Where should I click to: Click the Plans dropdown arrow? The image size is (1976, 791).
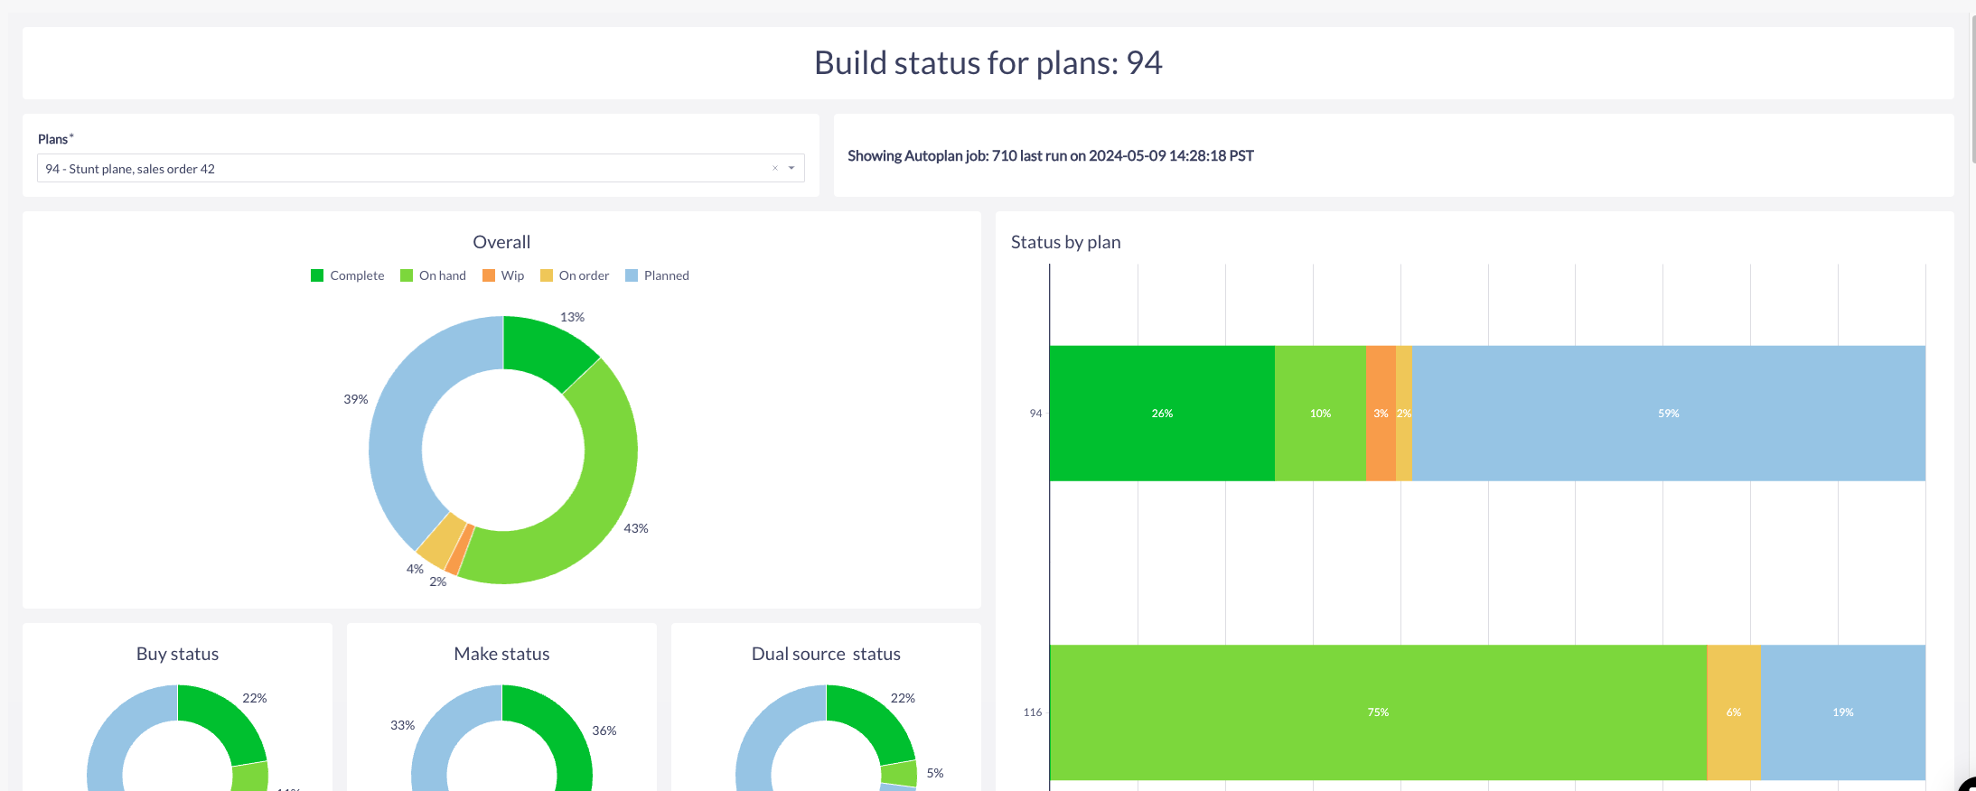coord(791,168)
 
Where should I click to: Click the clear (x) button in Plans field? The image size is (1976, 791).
coord(775,168)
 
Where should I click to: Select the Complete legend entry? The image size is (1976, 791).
coord(348,275)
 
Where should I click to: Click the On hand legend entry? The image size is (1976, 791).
coord(434,275)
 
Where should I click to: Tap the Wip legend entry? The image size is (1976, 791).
coord(503,275)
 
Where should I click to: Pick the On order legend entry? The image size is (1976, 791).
coord(575,275)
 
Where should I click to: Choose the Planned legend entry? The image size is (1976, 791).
coord(657,275)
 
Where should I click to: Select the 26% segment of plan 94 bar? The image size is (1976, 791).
coord(1162,413)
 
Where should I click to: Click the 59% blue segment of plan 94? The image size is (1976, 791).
coord(1669,413)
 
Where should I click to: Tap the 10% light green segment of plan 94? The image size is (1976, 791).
coord(1320,413)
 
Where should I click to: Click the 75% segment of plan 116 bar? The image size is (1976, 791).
coord(1378,712)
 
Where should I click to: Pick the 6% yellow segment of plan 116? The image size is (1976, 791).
coord(1734,712)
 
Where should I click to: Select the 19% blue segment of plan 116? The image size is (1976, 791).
coord(1843,712)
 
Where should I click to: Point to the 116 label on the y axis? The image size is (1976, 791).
coord(1033,712)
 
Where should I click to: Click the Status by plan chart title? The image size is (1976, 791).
coord(1066,242)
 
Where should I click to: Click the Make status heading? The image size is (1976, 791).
coord(501,654)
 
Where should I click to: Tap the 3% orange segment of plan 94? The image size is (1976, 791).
coord(1381,413)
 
